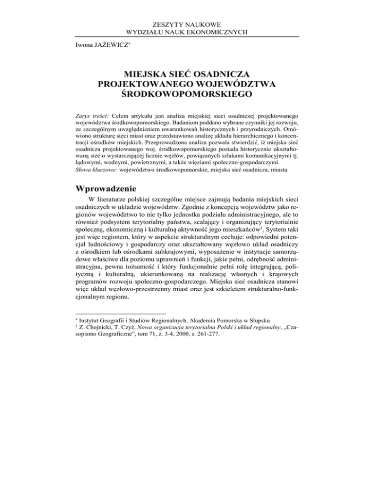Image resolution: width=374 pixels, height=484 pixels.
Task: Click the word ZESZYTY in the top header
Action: [x=168, y=23]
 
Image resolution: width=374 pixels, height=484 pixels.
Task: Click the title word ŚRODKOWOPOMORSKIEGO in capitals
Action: [x=187, y=95]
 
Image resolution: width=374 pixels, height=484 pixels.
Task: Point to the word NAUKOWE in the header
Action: [x=206, y=23]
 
